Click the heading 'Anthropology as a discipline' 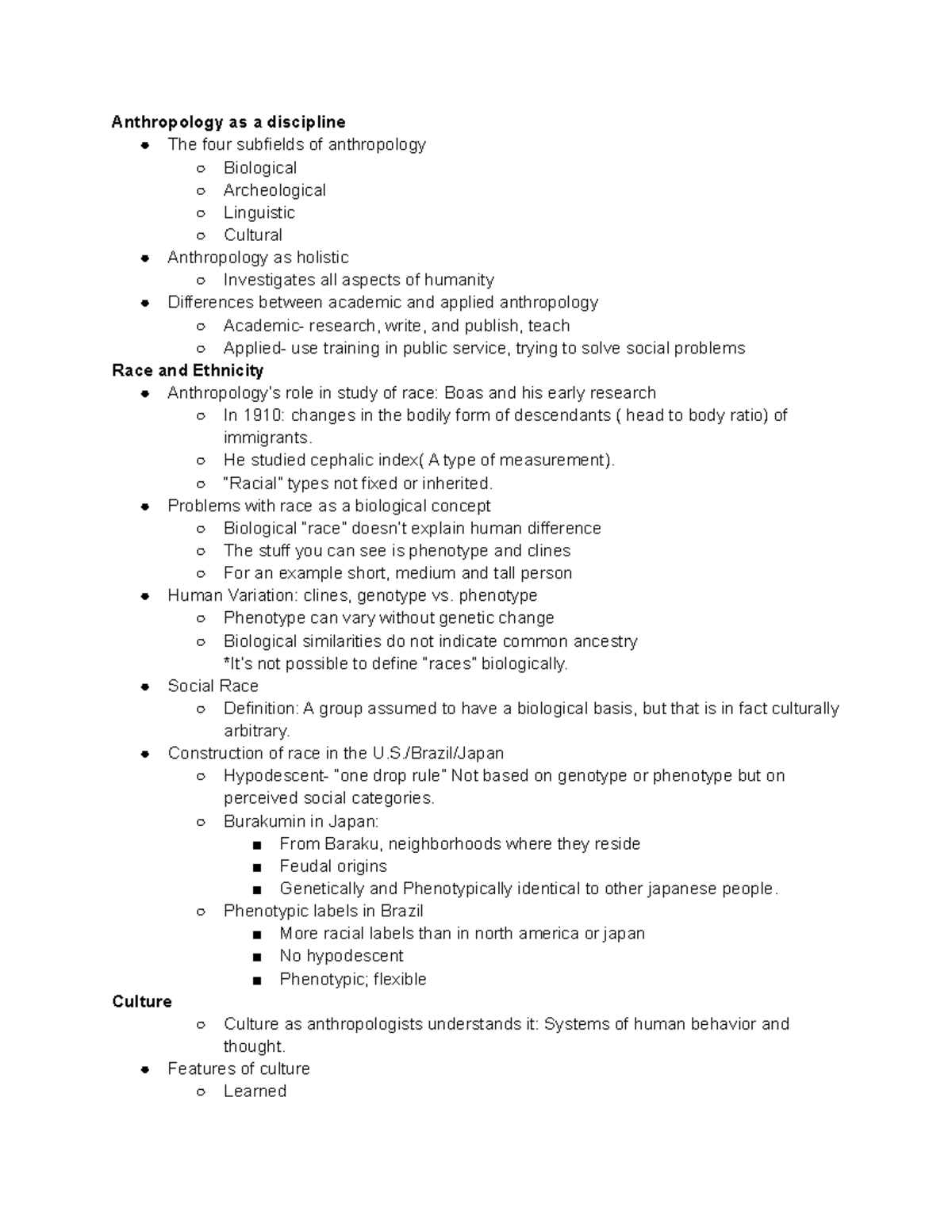pos(228,122)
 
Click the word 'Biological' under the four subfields pos(260,168)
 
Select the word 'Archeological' pos(274,190)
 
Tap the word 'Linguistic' pos(259,212)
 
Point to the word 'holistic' pos(322,258)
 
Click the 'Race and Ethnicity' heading pos(188,370)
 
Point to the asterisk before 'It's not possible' pos(226,663)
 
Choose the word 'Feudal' pos(305,866)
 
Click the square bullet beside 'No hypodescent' pos(256,958)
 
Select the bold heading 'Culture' pos(142,1002)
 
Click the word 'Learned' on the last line pos(255,1091)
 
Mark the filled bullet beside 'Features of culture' pos(145,1069)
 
